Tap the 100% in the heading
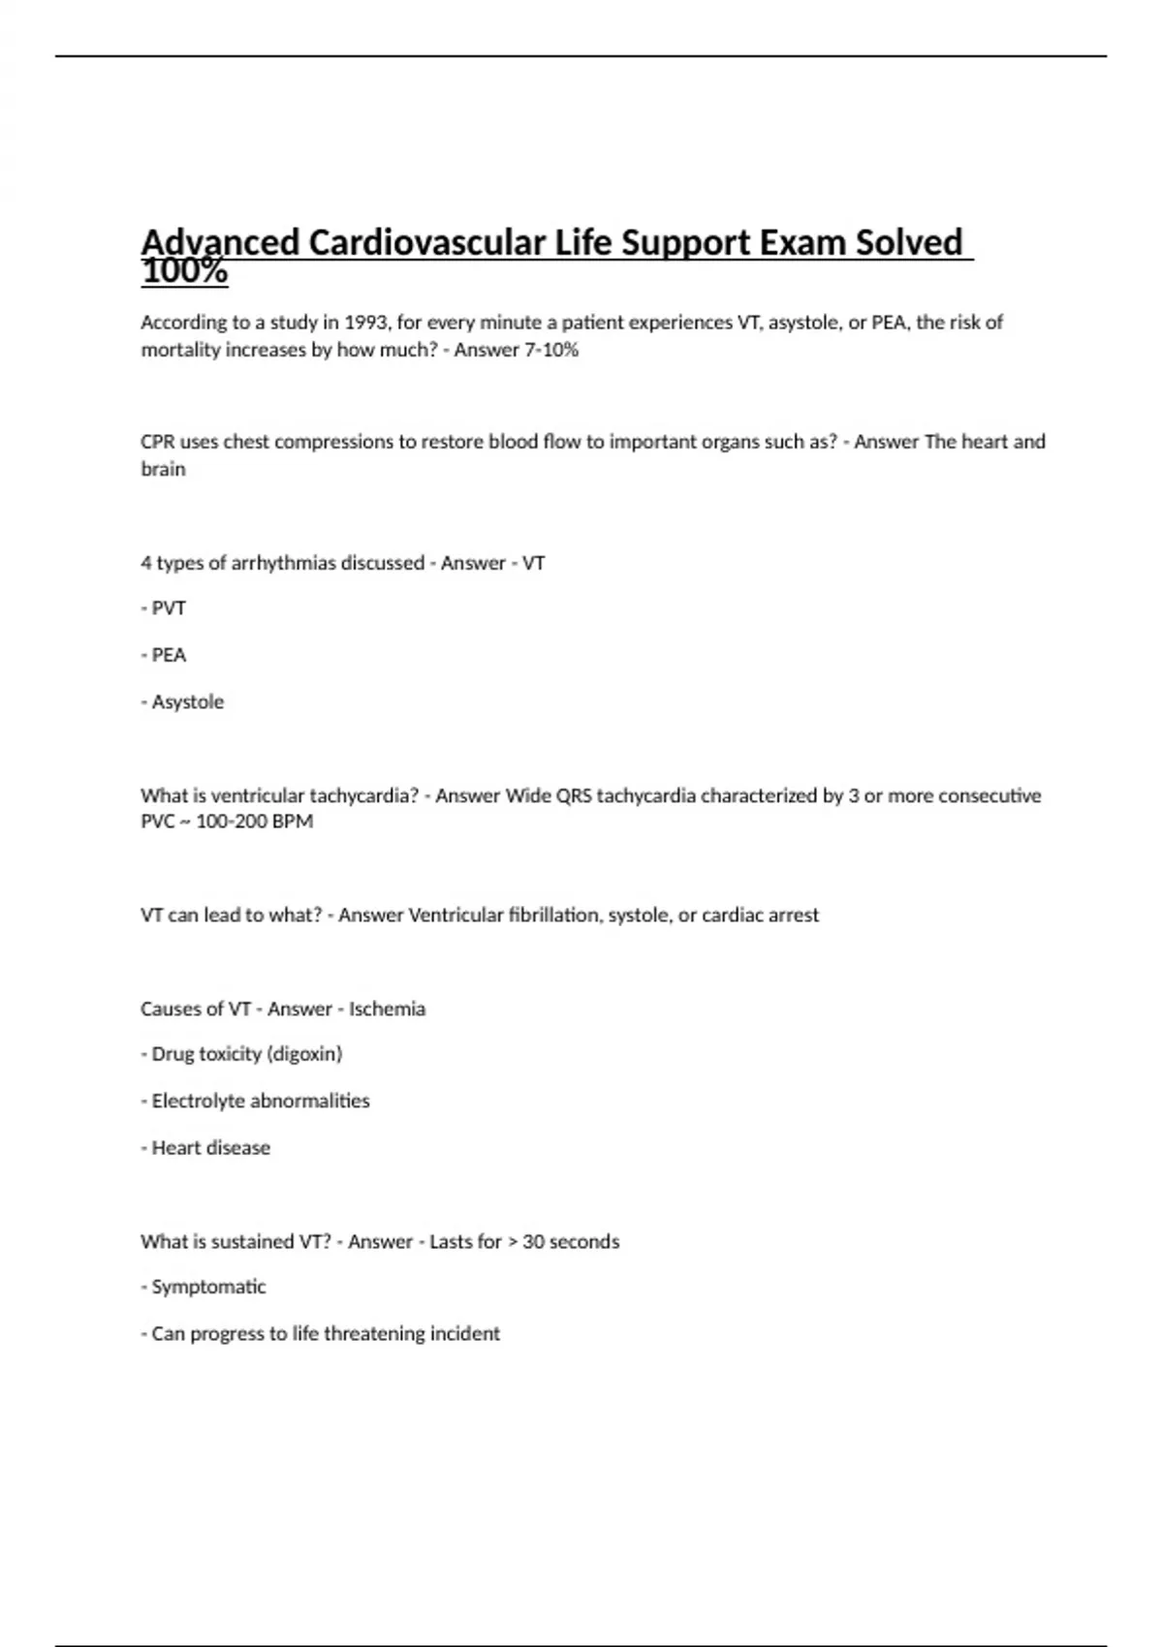pos(184,272)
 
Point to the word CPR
pos(157,442)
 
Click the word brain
pos(163,469)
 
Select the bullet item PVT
pos(169,608)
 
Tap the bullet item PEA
pos(169,655)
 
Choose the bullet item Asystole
pos(187,701)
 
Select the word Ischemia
pos(387,1009)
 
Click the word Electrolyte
pos(198,1101)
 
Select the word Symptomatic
pos(208,1288)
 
